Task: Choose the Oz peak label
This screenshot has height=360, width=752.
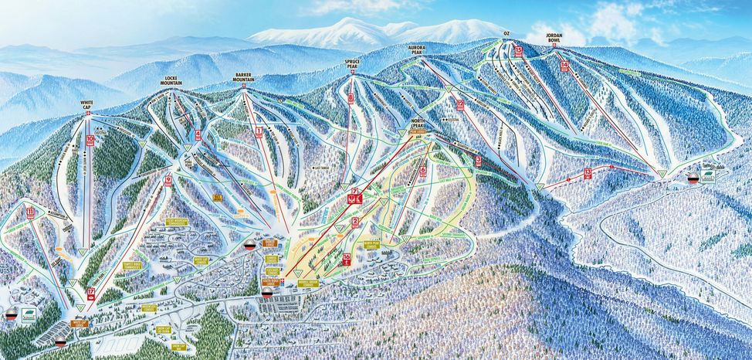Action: [506, 34]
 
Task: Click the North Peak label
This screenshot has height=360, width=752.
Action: [418, 124]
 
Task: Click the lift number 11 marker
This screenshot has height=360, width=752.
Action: [31, 212]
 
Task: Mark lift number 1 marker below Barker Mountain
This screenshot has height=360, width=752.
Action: [259, 132]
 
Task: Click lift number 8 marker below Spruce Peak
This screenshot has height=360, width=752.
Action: [351, 98]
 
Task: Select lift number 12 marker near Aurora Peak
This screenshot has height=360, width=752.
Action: [460, 105]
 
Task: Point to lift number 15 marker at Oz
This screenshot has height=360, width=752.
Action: [518, 51]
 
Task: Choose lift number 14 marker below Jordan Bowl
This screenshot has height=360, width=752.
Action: [565, 66]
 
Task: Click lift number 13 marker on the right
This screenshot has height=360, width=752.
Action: [588, 172]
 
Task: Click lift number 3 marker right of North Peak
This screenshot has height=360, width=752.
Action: [478, 161]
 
